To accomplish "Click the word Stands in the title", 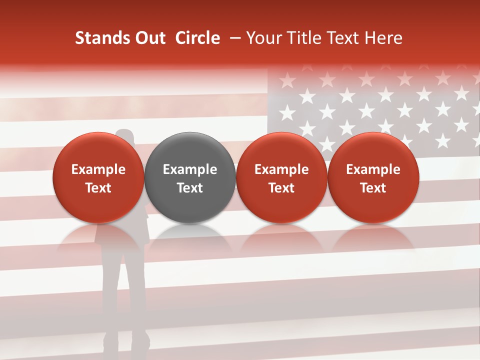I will [99, 38].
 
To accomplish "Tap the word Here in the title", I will [383, 38].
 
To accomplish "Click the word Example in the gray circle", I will [190, 169].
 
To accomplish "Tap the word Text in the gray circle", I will [190, 188].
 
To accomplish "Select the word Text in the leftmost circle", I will [98, 188].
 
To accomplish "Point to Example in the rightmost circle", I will [373, 169].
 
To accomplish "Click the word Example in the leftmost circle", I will [98, 169].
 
